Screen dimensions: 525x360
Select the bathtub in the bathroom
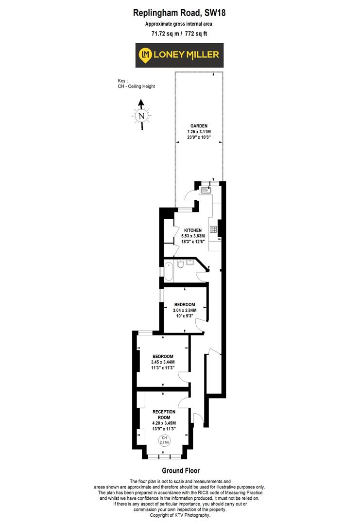tap(168, 271)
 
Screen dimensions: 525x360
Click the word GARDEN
tap(199, 125)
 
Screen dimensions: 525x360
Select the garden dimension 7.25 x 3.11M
tap(199, 131)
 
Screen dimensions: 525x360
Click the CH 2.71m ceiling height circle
tap(163, 440)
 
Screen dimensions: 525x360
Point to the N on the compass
tap(141, 116)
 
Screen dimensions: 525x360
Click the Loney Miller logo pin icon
tap(145, 55)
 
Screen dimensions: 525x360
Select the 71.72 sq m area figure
tap(165, 34)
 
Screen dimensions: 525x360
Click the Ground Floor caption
tap(180, 471)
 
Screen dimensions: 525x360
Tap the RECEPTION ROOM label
tap(164, 415)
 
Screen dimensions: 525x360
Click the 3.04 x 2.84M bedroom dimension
tap(185, 310)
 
